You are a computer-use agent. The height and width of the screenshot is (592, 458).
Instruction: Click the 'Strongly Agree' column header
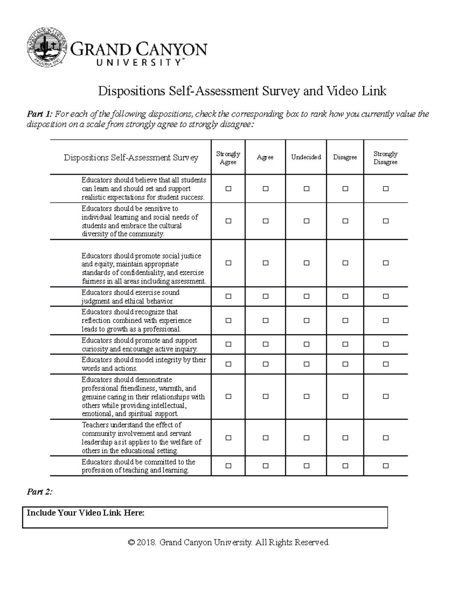click(x=228, y=158)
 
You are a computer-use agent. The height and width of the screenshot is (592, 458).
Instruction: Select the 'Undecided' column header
click(x=306, y=157)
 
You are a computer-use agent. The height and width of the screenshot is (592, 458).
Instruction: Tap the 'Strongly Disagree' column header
click(x=385, y=158)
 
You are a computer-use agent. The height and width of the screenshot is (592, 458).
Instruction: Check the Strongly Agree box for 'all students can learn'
click(x=228, y=189)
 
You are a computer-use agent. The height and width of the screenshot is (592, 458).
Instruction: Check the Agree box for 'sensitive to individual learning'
click(x=266, y=221)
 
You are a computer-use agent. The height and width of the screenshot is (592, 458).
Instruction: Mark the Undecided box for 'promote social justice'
click(x=306, y=263)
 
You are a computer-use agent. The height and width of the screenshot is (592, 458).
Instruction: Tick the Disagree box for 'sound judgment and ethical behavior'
click(x=345, y=297)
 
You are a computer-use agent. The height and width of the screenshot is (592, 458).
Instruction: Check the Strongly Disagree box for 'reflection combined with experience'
click(x=386, y=321)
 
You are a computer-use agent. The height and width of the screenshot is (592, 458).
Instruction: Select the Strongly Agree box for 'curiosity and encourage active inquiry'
click(x=228, y=345)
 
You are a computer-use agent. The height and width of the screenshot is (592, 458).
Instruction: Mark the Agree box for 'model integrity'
click(x=266, y=364)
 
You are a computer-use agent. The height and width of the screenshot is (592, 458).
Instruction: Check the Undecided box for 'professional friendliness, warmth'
click(x=306, y=396)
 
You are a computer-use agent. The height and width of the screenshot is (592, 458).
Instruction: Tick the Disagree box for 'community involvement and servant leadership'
click(x=345, y=438)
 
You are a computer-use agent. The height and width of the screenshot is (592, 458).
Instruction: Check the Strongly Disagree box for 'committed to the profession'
click(x=386, y=466)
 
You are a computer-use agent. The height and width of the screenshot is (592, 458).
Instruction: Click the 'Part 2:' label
click(x=39, y=492)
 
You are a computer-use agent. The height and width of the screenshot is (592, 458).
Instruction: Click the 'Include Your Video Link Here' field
click(x=205, y=517)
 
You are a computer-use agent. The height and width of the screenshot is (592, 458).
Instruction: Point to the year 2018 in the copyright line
click(x=147, y=542)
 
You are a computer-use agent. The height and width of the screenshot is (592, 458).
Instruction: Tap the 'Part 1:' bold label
click(x=39, y=114)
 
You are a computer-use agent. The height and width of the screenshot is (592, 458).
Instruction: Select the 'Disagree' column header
click(x=345, y=157)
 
